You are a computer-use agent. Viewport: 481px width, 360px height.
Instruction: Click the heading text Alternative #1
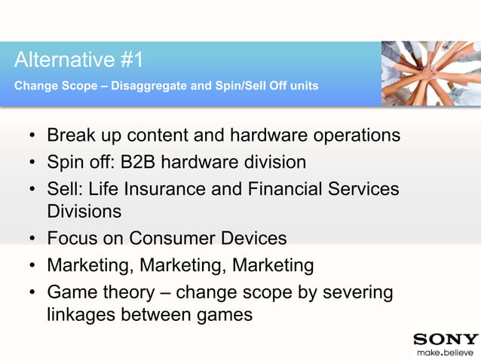pos(78,59)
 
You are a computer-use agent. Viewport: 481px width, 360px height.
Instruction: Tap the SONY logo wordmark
pos(446,339)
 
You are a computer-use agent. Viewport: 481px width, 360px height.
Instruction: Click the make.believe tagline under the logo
pos(446,352)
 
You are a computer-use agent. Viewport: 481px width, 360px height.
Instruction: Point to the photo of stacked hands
pos(430,73)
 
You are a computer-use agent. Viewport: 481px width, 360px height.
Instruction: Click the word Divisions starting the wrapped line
pos(84,212)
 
